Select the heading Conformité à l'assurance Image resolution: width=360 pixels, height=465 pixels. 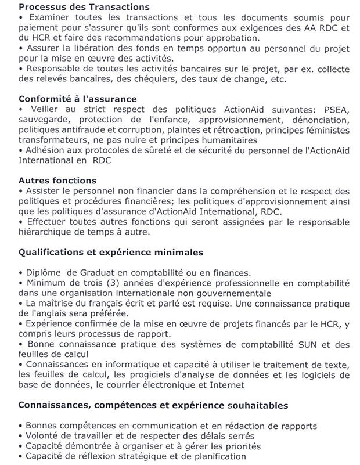click(x=77, y=99)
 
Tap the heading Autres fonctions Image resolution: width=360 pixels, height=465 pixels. click(x=57, y=180)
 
